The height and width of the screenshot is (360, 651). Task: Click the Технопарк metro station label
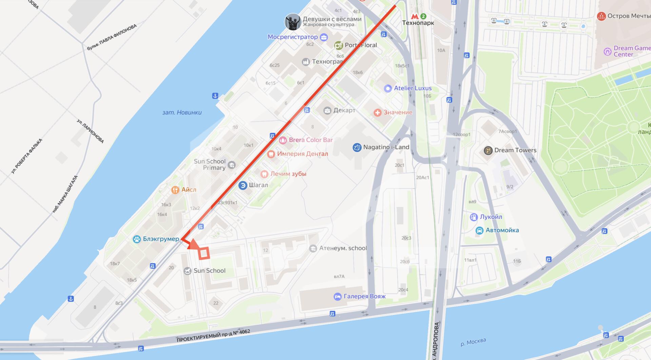(x=418, y=23)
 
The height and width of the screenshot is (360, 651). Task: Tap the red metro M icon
(x=414, y=16)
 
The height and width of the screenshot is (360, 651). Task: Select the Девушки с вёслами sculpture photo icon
(x=293, y=22)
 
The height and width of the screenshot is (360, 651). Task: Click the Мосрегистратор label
(x=293, y=37)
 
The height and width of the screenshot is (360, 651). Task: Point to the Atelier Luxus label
(x=413, y=88)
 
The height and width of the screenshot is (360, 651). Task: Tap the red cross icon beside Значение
(x=377, y=113)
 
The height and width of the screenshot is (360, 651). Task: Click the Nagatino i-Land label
(x=386, y=147)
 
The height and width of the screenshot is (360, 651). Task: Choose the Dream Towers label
(x=515, y=150)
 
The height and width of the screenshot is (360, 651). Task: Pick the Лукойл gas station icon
(x=474, y=217)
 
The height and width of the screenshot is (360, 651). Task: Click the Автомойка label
(x=502, y=230)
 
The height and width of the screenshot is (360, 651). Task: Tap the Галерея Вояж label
(x=364, y=297)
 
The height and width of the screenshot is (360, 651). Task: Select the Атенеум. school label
(x=343, y=248)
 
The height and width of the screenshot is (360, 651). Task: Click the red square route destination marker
(x=204, y=254)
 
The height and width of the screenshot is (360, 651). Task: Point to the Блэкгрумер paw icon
(x=137, y=239)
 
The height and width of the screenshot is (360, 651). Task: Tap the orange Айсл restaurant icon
(x=175, y=190)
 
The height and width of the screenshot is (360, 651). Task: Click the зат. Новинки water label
(x=182, y=113)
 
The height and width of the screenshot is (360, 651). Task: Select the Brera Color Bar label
(x=311, y=140)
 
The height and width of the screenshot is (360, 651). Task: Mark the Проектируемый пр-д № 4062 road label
(x=213, y=336)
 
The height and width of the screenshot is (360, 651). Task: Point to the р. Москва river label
(x=473, y=342)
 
